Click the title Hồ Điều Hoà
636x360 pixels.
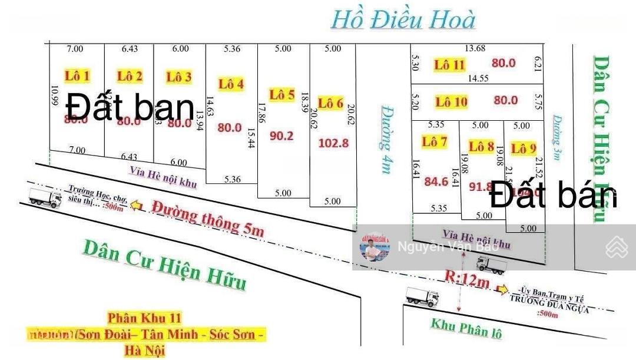pyautogui.click(x=403, y=19)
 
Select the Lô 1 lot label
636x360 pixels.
pyautogui.click(x=77, y=75)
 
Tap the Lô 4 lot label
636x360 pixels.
pyautogui.click(x=231, y=84)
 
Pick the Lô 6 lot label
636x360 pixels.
pyautogui.click(x=330, y=103)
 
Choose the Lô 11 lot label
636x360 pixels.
pyautogui.click(x=450, y=65)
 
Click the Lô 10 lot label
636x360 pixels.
pyautogui.click(x=451, y=102)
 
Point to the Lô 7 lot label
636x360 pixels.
pyautogui.click(x=435, y=141)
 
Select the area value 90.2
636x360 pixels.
pyautogui.click(x=281, y=135)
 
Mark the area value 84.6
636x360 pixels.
pyautogui.click(x=436, y=181)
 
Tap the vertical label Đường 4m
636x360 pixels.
pyautogui.click(x=386, y=139)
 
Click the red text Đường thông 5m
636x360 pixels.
pyautogui.click(x=208, y=218)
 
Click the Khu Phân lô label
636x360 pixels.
pyautogui.click(x=466, y=327)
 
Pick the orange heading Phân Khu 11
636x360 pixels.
pyautogui.click(x=144, y=318)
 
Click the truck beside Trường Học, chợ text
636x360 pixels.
pyautogui.click(x=45, y=198)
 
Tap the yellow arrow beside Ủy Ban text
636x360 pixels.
pyautogui.click(x=502, y=289)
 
